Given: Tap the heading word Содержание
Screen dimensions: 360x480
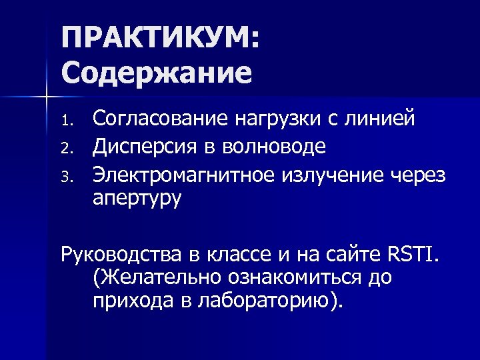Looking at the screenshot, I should pyautogui.click(x=157, y=72).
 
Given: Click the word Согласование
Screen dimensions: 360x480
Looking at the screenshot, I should pyautogui.click(x=159, y=119).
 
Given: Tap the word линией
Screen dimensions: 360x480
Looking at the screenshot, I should pyautogui.click(x=379, y=119).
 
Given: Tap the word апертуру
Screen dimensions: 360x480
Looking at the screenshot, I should pyautogui.click(x=137, y=198).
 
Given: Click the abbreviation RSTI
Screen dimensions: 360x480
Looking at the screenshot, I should pyautogui.click(x=412, y=254).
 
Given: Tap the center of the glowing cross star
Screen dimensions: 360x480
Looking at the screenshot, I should pyautogui.click(x=46, y=98).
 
